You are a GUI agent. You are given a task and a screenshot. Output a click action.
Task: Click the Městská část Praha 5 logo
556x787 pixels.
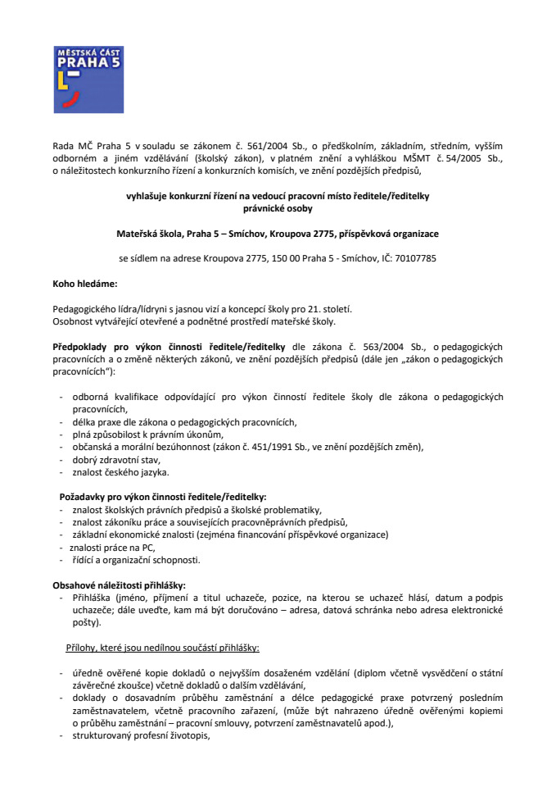coord(77,79)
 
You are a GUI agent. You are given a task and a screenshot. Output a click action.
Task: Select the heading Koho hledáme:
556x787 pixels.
coord(84,284)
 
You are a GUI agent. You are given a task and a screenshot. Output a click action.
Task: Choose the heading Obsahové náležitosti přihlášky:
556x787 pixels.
coord(119,585)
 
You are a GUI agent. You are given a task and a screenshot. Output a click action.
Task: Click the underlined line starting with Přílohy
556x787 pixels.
coord(162,648)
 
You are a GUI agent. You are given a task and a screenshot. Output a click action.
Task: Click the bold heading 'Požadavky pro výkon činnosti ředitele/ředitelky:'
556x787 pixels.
coord(163,497)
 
